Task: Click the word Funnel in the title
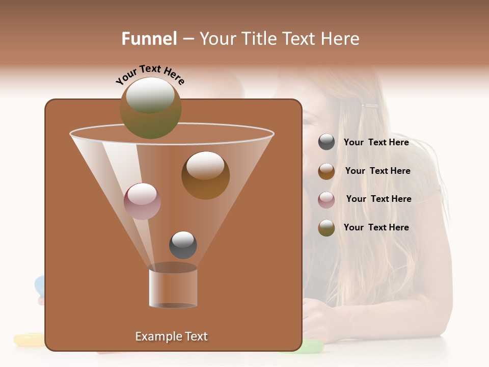(x=149, y=39)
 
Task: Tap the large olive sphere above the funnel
(x=150, y=108)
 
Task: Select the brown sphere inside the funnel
(x=205, y=175)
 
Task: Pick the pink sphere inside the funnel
(x=142, y=201)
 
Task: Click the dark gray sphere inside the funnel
(x=183, y=245)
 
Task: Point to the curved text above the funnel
(x=150, y=74)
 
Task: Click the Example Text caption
(x=171, y=336)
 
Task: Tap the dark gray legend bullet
(x=327, y=142)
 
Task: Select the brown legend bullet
(x=327, y=171)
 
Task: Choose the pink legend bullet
(x=327, y=199)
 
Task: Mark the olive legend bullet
(x=327, y=228)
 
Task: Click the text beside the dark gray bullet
(x=376, y=142)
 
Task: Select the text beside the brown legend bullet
(x=377, y=171)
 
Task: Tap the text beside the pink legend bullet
(x=378, y=199)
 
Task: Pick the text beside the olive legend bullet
(x=376, y=227)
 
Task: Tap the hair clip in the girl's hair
(x=370, y=106)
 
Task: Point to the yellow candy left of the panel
(x=29, y=339)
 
